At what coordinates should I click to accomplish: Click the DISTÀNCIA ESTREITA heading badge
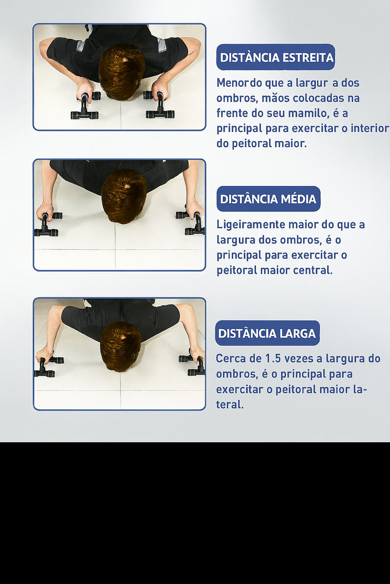pyautogui.click(x=275, y=57)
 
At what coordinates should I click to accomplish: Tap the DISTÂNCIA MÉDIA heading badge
pyautogui.click(x=269, y=199)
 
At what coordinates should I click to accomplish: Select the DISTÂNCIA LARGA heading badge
pyautogui.click(x=267, y=333)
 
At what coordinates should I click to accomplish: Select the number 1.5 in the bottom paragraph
pyautogui.click(x=273, y=359)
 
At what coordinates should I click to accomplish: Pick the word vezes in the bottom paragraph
pyautogui.click(x=298, y=359)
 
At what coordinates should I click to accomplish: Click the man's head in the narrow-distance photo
pyautogui.click(x=122, y=72)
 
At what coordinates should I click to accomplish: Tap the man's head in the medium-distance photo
pyautogui.click(x=123, y=196)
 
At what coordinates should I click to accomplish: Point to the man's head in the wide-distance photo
pyautogui.click(x=121, y=347)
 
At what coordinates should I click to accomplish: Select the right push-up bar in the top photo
pyautogui.click(x=159, y=105)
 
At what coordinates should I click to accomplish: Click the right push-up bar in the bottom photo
pyautogui.click(x=193, y=365)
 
